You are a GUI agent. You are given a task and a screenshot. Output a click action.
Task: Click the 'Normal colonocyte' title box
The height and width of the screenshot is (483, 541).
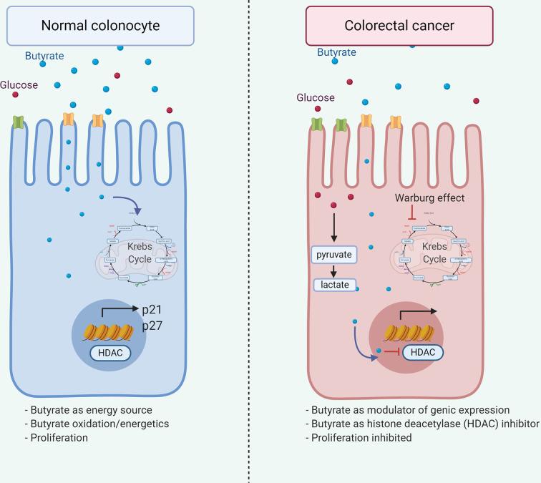100,26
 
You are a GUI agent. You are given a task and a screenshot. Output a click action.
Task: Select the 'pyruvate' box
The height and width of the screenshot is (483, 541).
333,255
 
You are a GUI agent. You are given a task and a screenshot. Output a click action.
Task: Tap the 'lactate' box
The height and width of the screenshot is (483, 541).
333,284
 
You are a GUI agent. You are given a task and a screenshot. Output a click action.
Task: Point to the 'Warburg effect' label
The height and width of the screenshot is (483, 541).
430,197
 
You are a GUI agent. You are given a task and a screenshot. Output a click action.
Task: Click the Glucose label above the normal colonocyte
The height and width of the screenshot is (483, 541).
19,84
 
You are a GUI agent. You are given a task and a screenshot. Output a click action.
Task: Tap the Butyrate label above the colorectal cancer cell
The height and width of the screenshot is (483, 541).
337,52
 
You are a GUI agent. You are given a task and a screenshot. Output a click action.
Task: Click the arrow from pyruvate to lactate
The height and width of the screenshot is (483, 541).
333,270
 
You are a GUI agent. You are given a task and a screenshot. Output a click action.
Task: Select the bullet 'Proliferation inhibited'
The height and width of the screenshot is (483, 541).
361,436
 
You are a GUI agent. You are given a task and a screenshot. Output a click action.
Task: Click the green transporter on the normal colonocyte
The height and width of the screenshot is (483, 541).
19,122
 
